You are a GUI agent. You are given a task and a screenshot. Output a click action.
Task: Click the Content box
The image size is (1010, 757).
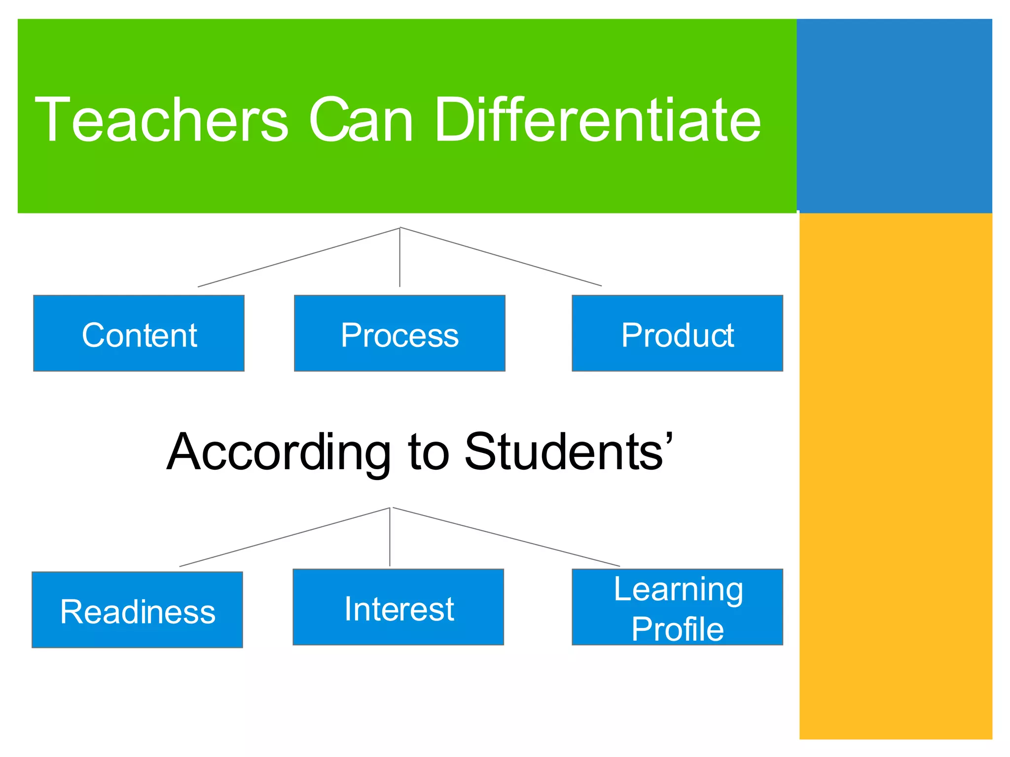pos(139,333)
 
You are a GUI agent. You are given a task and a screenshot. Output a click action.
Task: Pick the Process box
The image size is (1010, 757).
pos(399,333)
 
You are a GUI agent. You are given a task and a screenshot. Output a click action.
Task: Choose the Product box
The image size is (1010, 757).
pos(677,333)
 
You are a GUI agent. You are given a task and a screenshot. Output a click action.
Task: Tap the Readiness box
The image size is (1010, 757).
pos(137,610)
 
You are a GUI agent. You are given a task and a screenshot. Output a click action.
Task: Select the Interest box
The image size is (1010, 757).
pos(398,607)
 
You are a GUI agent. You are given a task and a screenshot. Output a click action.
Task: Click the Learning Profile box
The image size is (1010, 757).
pos(677,607)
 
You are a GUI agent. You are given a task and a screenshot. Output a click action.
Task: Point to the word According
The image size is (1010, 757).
pos(279,452)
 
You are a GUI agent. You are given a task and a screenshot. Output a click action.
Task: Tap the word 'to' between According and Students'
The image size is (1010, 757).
pos(429,452)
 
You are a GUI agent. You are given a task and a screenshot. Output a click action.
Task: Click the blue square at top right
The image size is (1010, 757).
pos(894,116)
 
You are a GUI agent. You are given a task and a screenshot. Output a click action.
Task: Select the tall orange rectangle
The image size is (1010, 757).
pos(895,476)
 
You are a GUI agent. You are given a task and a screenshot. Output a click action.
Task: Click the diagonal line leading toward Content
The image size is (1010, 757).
pos(298,257)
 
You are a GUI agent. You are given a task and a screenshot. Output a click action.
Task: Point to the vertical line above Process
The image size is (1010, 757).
pos(399,257)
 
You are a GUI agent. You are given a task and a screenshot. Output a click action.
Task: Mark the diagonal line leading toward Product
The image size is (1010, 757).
pos(501,257)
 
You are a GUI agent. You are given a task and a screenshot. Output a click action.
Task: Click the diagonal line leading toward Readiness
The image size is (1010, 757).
pos(285,537)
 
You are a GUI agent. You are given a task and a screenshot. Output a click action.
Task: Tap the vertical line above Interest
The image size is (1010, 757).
pos(390,537)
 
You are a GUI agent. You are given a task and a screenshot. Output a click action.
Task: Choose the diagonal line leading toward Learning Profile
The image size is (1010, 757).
pos(506,537)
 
